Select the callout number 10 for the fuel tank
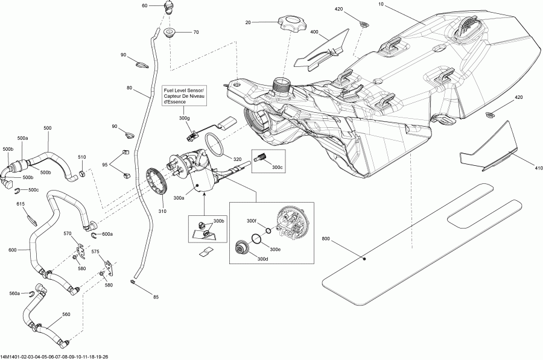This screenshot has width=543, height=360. [381, 4]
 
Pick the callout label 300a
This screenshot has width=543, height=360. [179, 198]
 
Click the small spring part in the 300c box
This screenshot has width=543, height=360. [261, 157]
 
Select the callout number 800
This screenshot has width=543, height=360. [326, 239]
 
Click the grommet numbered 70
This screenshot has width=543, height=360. [170, 32]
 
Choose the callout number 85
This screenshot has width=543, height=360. [156, 297]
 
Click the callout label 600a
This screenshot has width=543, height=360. [107, 235]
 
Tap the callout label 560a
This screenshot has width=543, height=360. [14, 293]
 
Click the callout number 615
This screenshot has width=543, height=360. [21, 204]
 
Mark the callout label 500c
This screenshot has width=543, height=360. [33, 190]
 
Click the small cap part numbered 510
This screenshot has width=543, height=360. [82, 172]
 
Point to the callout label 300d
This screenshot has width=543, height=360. [262, 259]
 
